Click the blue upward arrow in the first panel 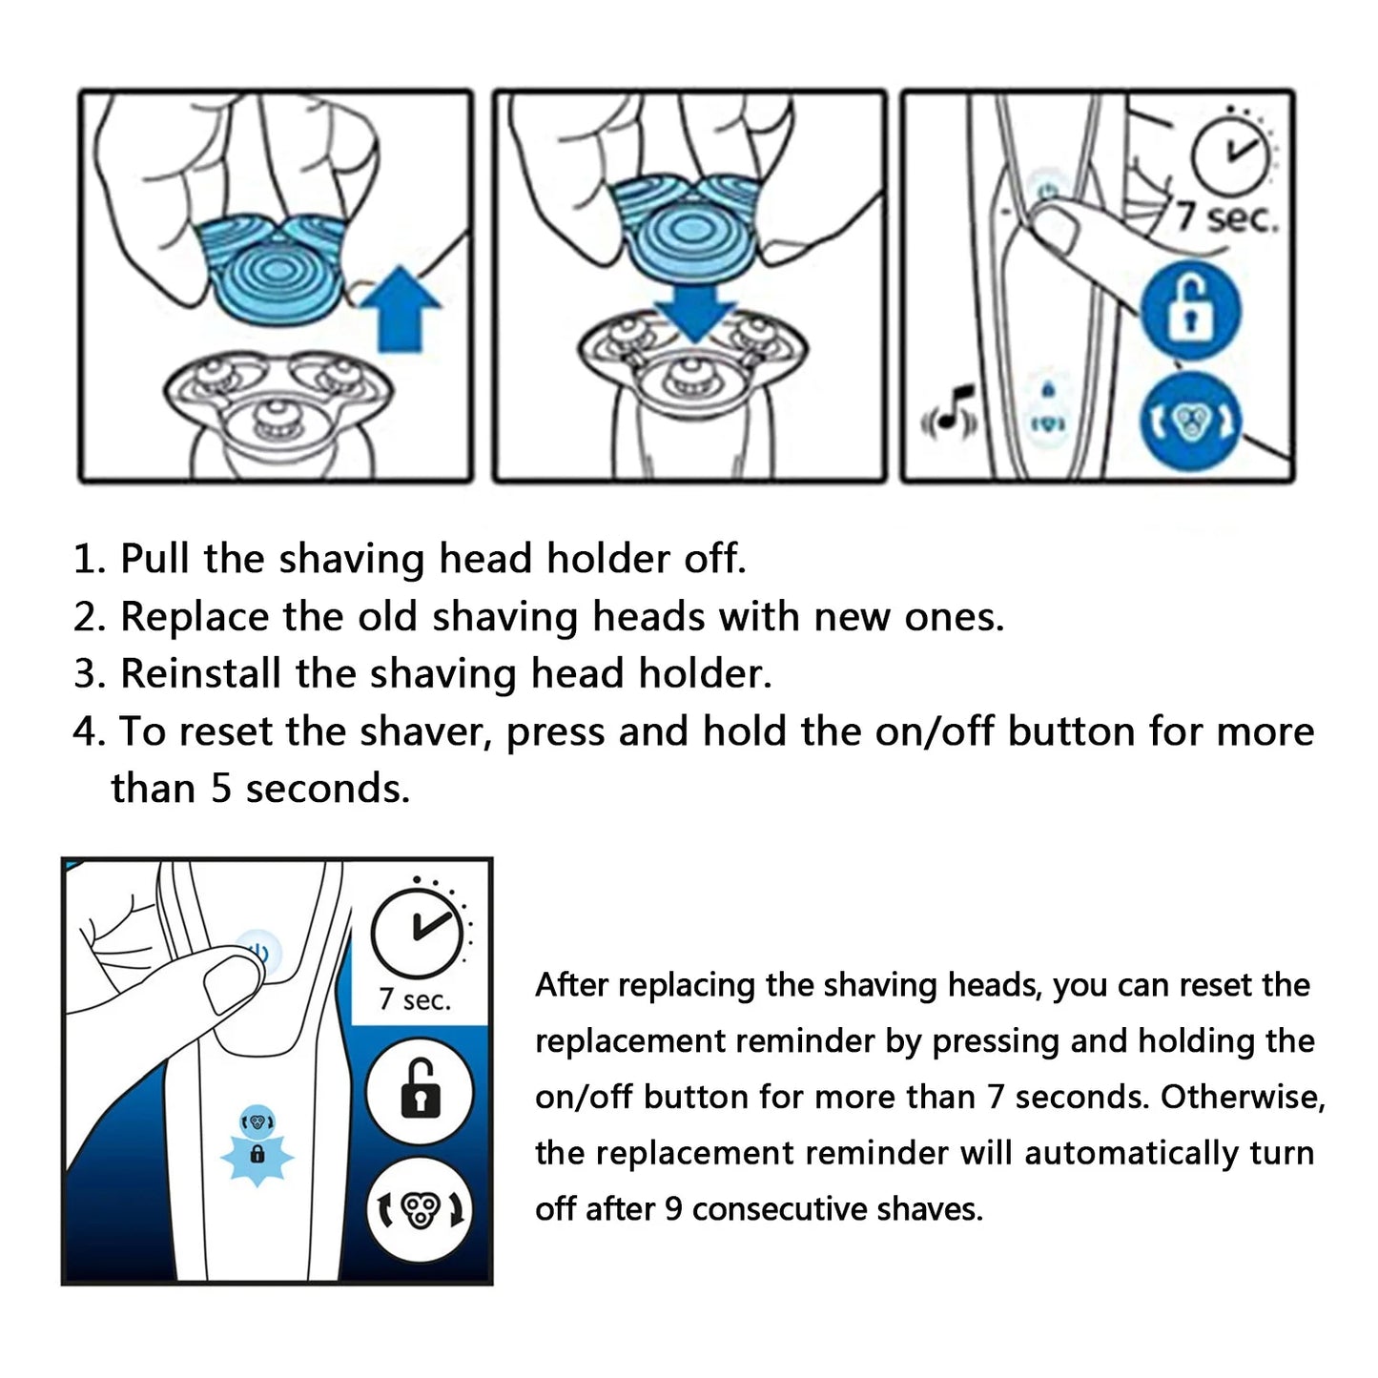(401, 308)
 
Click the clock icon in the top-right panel (1230, 154)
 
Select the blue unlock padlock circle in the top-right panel (1190, 309)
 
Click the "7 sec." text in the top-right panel (1225, 218)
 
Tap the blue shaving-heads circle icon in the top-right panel (1190, 421)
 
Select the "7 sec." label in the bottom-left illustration (415, 999)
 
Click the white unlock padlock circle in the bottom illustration (420, 1090)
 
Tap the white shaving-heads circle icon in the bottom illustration (420, 1210)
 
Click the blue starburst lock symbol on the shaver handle (257, 1156)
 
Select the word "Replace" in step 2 (194, 617)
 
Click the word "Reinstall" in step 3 (200, 674)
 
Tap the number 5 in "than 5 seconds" (221, 789)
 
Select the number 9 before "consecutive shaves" (673, 1209)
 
